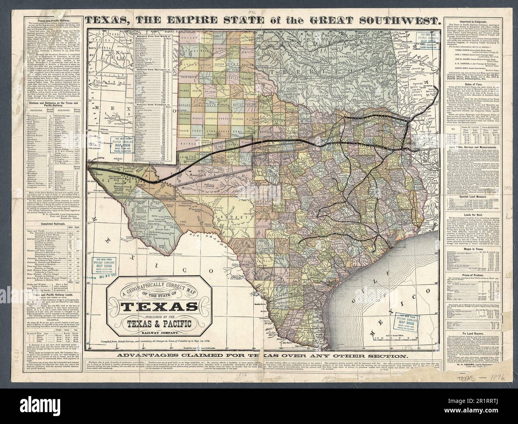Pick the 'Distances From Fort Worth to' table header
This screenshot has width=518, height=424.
pyautogui.click(x=153, y=37)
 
